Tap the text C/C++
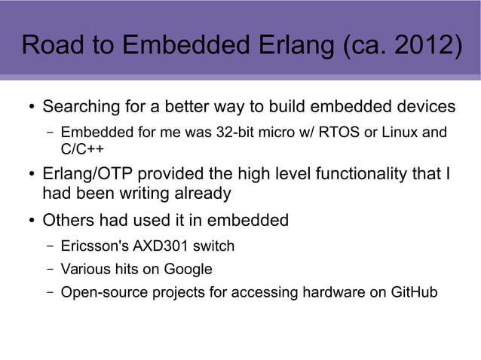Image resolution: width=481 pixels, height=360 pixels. pyautogui.click(x=81, y=148)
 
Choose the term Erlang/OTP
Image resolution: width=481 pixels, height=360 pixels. pyautogui.click(x=93, y=175)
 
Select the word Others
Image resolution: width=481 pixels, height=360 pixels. pyautogui.click(x=68, y=221)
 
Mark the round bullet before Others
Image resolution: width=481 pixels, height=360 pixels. pyautogui.click(x=30, y=222)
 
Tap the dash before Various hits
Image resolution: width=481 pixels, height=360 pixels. pyautogui.click(x=48, y=269)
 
